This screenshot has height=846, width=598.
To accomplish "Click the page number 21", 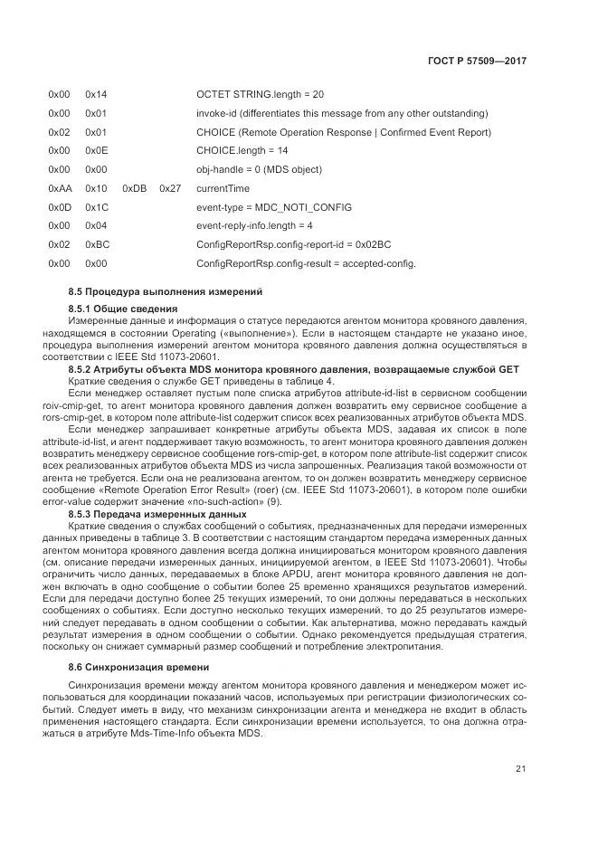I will click(x=521, y=770).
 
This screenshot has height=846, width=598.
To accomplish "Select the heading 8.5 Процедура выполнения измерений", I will click(x=166, y=292).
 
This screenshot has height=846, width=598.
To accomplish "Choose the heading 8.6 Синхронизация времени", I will click(x=138, y=667).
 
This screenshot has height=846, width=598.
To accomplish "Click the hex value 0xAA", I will click(x=59, y=188).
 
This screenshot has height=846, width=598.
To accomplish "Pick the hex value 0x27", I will click(x=170, y=188).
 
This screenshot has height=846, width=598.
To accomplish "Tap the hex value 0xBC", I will click(x=96, y=245).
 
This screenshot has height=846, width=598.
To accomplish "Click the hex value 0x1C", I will click(x=96, y=207).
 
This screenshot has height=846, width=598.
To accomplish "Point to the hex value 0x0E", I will click(x=96, y=150).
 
